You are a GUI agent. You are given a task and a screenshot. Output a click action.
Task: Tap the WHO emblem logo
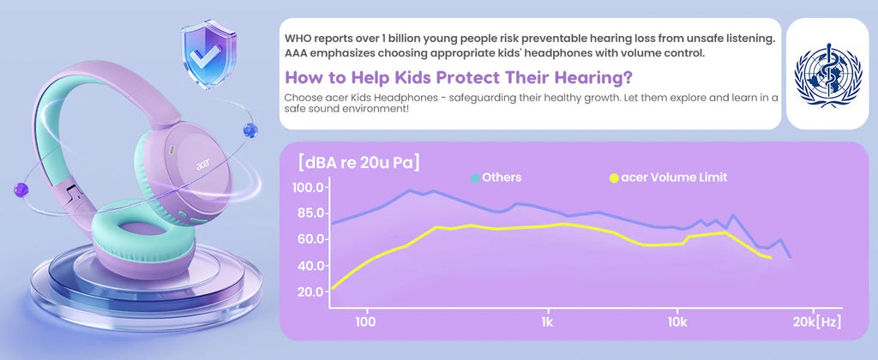coord(827,75)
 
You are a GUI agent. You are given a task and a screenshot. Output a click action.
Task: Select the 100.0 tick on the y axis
coord(308,188)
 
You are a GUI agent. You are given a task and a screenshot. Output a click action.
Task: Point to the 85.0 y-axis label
coord(308,213)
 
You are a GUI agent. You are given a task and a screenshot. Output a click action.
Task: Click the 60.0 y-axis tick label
coord(308,240)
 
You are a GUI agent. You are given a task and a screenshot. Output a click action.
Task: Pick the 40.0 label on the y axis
coord(308,266)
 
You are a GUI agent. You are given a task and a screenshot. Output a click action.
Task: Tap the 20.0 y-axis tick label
coord(308,291)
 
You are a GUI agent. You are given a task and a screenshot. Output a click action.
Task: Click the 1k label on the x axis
coord(547,322)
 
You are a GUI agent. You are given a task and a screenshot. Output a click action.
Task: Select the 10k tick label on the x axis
coord(677,322)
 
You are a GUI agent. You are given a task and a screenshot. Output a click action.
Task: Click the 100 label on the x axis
coord(365,322)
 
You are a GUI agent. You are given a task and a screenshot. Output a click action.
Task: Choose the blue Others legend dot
coord(475,178)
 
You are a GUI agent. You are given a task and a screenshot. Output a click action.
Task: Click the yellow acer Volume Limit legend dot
coord(614,178)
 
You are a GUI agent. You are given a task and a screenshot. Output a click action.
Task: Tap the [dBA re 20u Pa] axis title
coord(359,163)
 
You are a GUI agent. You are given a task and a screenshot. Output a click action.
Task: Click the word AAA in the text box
coord(295,54)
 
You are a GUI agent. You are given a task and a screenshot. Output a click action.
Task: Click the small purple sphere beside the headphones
coord(21,189)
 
